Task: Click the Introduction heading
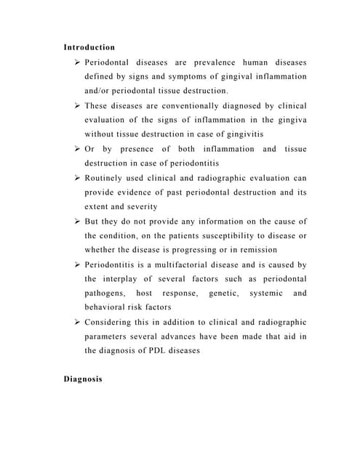click(89, 47)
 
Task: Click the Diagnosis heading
click(84, 379)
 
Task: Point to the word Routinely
click(107, 178)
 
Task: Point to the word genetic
click(223, 294)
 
